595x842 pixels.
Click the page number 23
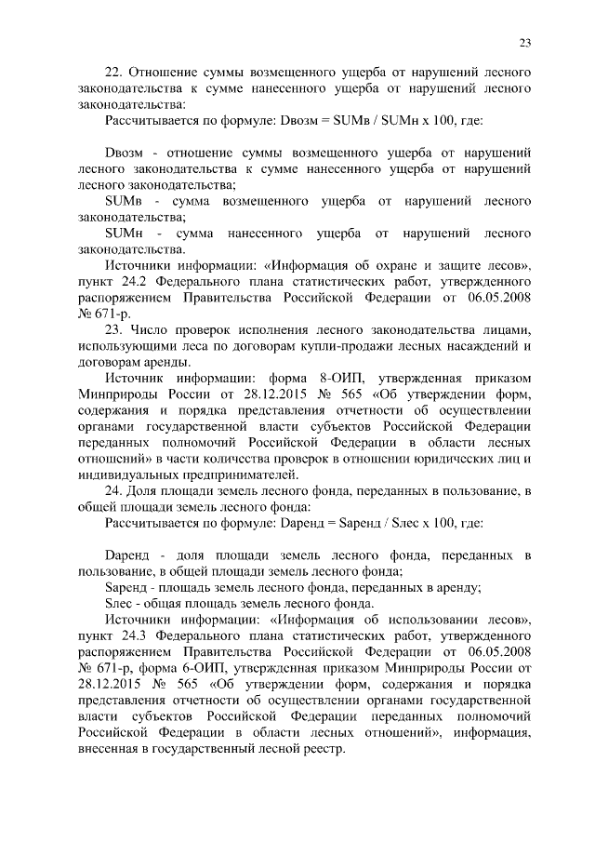(524, 42)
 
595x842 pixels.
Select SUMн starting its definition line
(124, 232)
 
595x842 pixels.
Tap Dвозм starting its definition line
(124, 152)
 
